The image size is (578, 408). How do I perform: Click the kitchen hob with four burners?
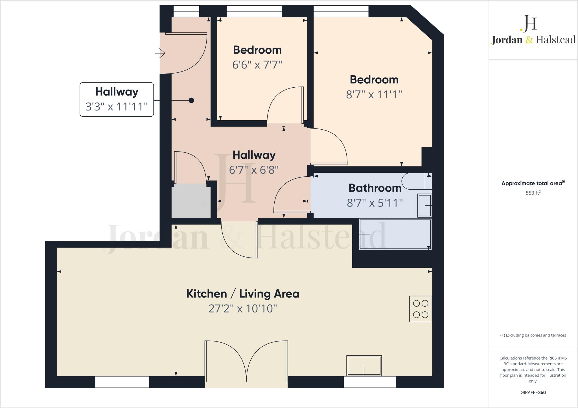coord(421,309)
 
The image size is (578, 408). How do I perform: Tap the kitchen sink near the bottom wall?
coord(364,365)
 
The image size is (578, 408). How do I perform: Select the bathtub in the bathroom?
coord(395,234)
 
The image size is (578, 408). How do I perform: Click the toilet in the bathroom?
coord(415,181)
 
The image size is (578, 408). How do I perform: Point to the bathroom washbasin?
coord(425,206)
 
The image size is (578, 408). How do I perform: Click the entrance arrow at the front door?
coord(161,53)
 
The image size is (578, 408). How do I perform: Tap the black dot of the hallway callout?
coord(191,100)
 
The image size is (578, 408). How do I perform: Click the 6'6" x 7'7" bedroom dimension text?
coord(257,65)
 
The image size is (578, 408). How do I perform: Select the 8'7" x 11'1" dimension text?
coord(374,95)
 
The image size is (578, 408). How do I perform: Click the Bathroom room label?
coord(375,188)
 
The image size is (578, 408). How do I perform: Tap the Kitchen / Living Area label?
coord(243,294)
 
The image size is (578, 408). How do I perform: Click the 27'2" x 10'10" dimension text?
coord(243,309)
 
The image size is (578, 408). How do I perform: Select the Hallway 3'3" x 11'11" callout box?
coord(117,99)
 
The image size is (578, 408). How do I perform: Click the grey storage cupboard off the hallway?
coord(191,201)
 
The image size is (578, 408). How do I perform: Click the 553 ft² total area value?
coord(533,193)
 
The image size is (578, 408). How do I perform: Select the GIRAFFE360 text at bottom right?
coord(533,393)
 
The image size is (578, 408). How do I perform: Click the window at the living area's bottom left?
coord(122,382)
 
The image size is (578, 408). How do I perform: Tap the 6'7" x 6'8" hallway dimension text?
coord(254,170)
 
